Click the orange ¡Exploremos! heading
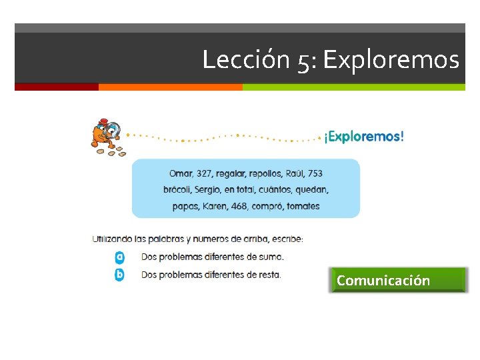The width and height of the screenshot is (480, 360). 364,137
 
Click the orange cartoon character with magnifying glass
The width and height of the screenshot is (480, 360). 107,134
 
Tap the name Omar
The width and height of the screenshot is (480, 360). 181,173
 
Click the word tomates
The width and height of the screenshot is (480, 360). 303,206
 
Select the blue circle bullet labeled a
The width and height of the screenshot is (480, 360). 120,257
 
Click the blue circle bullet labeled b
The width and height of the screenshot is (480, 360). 120,274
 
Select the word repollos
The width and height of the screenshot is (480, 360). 266,173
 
